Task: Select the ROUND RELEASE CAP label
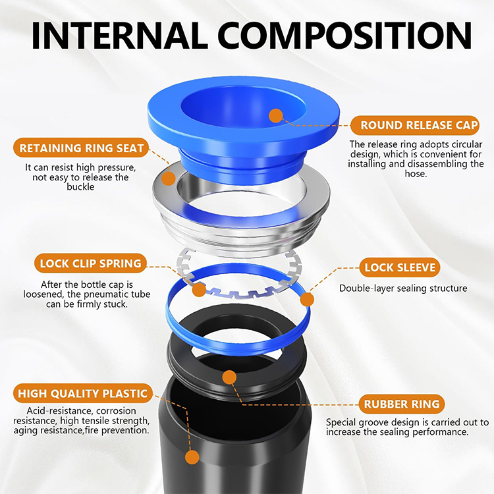(415, 125)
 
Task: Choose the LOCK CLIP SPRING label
(91, 263)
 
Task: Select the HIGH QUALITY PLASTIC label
(83, 394)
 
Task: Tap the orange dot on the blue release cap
(276, 116)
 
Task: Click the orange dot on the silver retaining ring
(169, 178)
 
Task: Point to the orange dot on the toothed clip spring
(198, 289)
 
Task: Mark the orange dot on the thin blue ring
(306, 300)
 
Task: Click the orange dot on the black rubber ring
(229, 377)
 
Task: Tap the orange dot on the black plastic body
(192, 457)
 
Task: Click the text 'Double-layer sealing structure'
(403, 288)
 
